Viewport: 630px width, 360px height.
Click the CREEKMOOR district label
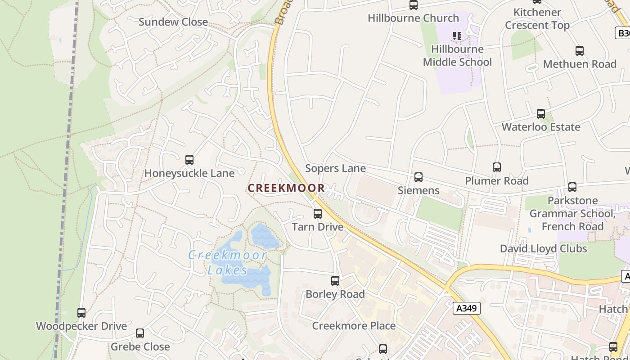(x=286, y=188)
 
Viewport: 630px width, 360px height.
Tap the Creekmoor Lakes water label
(x=228, y=263)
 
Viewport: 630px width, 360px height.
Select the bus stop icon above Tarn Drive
(x=318, y=214)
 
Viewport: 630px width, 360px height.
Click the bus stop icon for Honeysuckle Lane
(x=189, y=160)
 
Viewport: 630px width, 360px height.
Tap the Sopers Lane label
(x=335, y=168)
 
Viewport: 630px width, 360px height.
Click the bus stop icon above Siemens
(x=418, y=177)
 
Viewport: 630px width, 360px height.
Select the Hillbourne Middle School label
(x=457, y=55)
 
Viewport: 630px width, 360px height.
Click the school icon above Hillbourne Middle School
(x=457, y=36)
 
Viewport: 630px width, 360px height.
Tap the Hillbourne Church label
(x=413, y=18)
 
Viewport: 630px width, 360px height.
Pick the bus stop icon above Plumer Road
(x=497, y=167)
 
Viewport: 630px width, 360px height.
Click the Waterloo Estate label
(x=541, y=127)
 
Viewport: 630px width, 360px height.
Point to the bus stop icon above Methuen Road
(x=580, y=51)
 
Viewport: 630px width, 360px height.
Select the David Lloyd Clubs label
(x=543, y=248)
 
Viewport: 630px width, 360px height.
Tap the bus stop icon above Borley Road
(x=335, y=281)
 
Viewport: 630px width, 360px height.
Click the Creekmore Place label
(x=354, y=326)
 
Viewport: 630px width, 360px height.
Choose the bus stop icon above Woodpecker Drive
(x=81, y=313)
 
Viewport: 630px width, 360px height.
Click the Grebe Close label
(x=140, y=346)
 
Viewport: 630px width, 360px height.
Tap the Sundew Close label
(x=173, y=22)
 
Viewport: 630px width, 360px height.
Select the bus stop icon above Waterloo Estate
(x=541, y=114)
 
